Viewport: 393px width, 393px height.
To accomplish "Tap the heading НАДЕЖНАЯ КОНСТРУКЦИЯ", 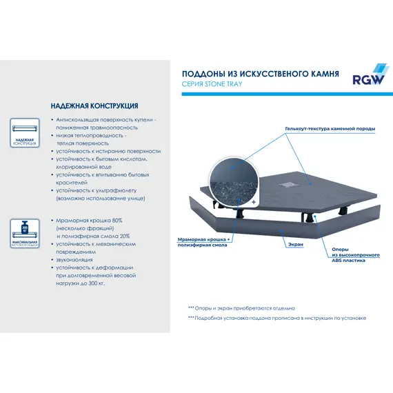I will tap(94, 107).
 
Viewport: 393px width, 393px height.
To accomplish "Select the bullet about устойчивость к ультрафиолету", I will tap(101, 194).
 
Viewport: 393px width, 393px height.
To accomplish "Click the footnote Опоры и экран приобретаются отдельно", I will tap(241, 308).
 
